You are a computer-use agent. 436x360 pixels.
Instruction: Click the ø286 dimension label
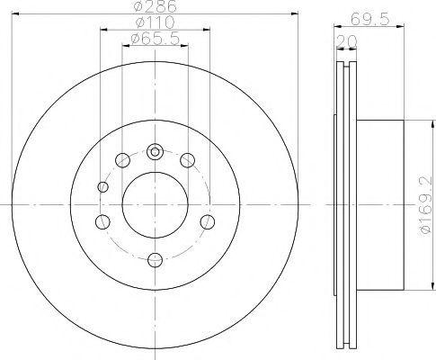point(156,6)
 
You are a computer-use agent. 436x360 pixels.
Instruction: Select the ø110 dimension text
point(156,22)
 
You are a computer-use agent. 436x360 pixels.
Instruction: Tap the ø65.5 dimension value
point(156,39)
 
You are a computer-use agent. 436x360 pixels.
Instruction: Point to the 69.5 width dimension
point(369,20)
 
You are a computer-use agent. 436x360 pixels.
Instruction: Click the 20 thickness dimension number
point(347,41)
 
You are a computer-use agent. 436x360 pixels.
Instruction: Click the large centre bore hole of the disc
point(156,205)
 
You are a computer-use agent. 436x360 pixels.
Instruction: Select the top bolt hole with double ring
point(155,152)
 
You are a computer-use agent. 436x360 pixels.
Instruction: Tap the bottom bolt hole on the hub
point(156,259)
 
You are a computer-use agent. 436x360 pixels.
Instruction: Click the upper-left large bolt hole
point(122,160)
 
